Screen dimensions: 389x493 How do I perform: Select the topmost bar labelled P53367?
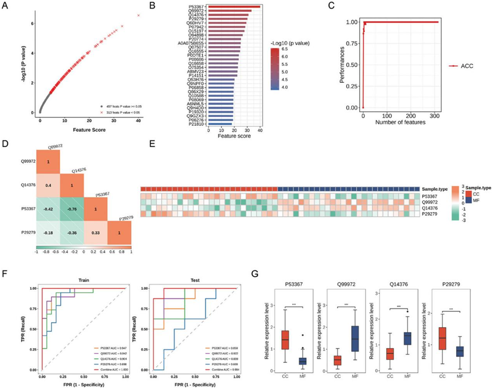[235, 7]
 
